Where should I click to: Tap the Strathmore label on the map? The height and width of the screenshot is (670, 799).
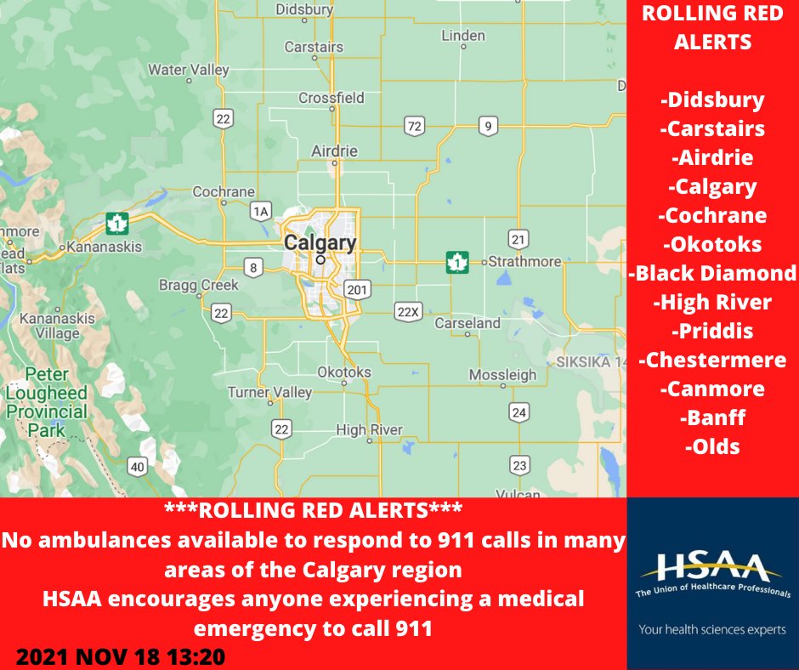pos(524,261)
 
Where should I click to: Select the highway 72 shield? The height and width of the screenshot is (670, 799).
pos(414,127)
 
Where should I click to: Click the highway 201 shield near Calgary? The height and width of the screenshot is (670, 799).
pos(357,290)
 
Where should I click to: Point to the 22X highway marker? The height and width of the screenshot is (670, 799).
pos(408,312)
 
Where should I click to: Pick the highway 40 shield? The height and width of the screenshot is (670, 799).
pos(138,465)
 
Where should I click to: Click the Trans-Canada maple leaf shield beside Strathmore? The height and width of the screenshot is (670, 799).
pos(457,262)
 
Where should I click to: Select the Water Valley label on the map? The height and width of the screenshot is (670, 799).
pos(189,69)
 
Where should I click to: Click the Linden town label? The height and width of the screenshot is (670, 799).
pos(463,36)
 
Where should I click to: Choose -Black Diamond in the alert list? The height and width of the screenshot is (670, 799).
pos(712,272)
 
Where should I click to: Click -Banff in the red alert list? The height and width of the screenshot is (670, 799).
pos(712,417)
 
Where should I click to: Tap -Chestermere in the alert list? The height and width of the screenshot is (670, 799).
pos(712,360)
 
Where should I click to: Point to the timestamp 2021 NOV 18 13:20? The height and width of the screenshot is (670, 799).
pos(121,657)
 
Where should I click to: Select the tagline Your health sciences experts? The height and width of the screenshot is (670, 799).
pos(712,629)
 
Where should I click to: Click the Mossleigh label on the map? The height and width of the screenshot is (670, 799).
pos(502,375)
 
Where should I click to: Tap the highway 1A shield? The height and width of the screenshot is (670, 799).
pos(261,210)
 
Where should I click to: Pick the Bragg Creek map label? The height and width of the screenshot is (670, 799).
pos(199,285)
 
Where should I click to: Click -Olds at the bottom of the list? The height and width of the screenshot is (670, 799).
pos(712,446)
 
